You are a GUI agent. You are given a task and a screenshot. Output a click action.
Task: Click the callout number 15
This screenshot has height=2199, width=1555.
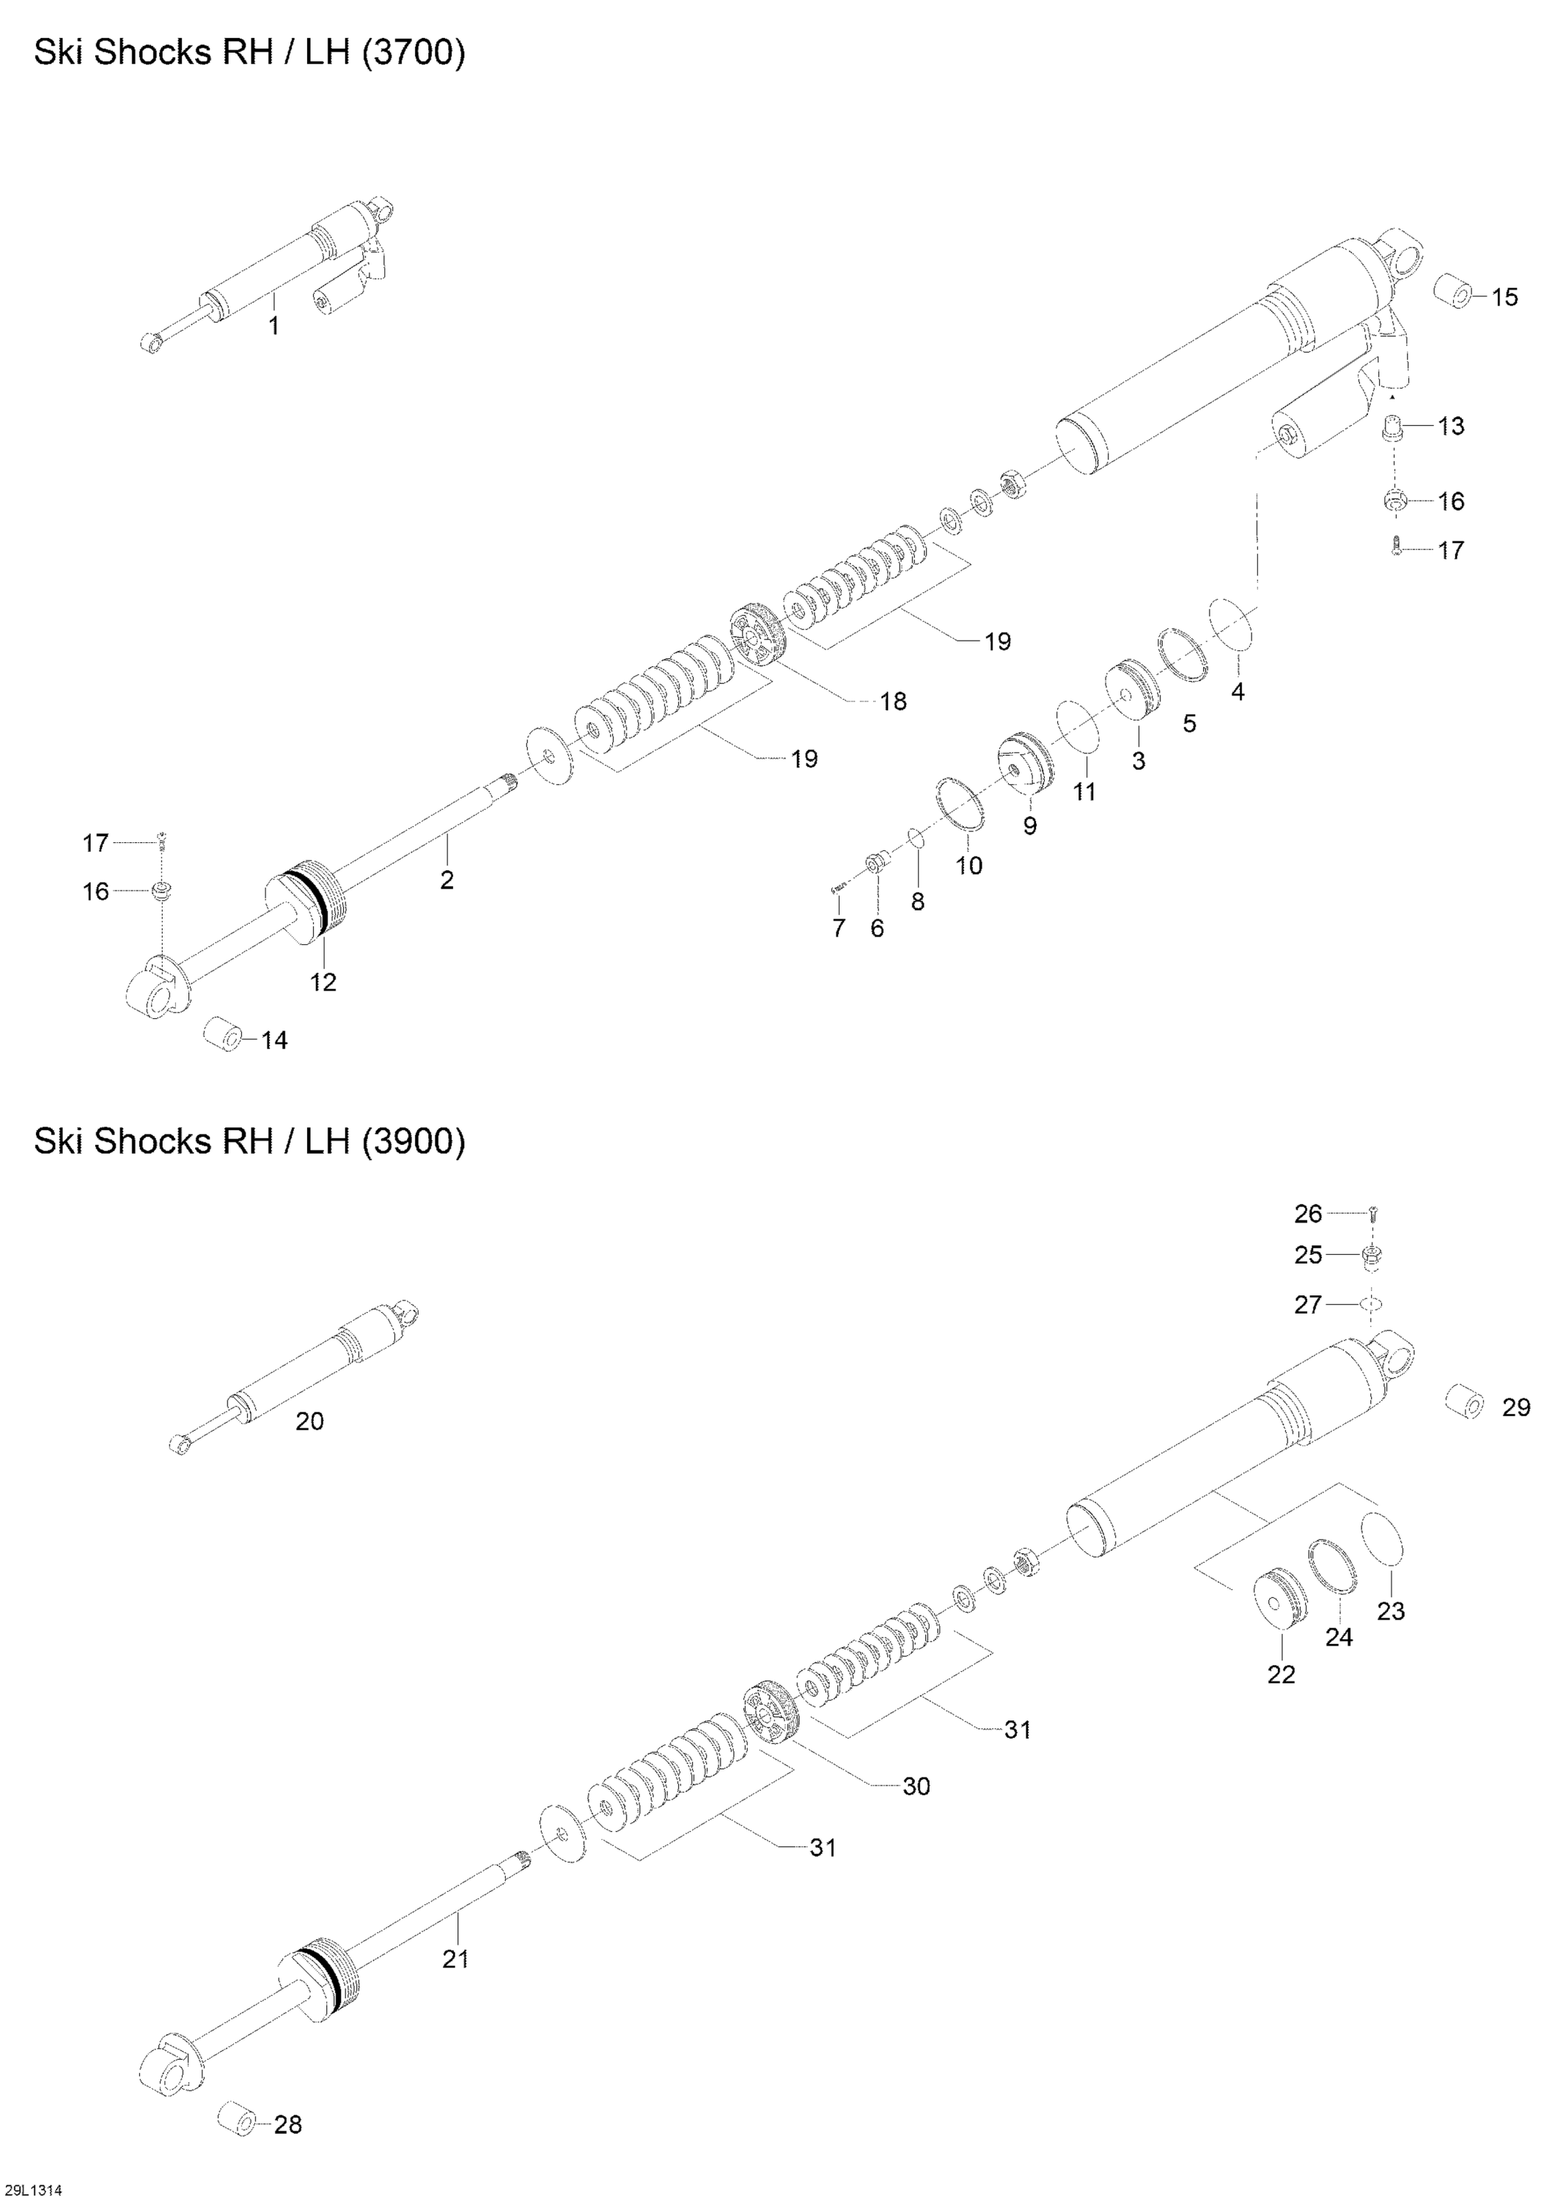(x=1504, y=297)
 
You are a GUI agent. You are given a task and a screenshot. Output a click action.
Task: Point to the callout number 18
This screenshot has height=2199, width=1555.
(x=893, y=702)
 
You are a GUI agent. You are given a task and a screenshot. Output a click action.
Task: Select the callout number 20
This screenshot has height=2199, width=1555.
(x=309, y=1422)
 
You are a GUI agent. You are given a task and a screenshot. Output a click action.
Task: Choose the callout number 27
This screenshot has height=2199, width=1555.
(x=1308, y=1305)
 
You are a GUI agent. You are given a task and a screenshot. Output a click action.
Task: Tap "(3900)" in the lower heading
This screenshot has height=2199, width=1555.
(x=413, y=1141)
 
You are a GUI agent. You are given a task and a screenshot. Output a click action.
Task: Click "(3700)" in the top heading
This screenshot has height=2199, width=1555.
(x=413, y=54)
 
